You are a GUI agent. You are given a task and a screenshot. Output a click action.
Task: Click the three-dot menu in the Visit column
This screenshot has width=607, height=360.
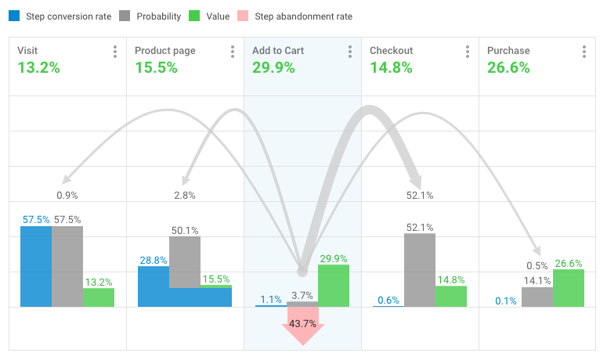pos(115,52)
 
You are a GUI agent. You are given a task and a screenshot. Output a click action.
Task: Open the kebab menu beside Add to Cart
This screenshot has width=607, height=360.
pos(350,52)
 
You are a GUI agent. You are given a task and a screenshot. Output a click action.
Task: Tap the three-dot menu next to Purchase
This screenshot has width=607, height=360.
pos(584,52)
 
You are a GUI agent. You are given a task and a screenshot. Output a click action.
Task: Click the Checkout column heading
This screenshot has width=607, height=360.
pos(391,51)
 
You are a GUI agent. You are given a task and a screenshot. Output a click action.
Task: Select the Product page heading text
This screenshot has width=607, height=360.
pos(164,51)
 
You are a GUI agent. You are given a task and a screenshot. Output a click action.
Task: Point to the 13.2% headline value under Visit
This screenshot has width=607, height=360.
pos(38,67)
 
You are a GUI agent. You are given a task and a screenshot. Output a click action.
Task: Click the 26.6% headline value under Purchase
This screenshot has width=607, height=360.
pos(508,67)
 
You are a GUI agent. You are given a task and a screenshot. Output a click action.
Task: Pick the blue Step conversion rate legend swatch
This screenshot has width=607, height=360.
pos(14,16)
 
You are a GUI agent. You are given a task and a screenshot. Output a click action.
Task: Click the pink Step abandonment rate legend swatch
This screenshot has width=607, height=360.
pos(263,16)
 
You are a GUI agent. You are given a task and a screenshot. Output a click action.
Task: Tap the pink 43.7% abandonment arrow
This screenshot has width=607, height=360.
pos(302,324)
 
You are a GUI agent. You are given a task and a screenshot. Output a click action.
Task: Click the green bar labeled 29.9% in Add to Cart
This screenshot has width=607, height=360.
pos(334,286)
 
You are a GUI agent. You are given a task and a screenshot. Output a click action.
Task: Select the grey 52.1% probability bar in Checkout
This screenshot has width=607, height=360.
pos(420,270)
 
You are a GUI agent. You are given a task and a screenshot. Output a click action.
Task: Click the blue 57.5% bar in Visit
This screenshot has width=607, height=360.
pos(36,266)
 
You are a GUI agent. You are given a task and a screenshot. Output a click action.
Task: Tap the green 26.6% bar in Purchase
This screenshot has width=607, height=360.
pos(569,288)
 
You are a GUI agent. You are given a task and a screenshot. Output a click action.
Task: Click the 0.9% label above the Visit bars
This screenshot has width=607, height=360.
pos(67,195)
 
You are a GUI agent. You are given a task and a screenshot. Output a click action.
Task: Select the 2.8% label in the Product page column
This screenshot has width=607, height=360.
pos(185,195)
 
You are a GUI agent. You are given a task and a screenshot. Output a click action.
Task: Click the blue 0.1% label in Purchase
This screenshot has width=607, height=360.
pos(505,300)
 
